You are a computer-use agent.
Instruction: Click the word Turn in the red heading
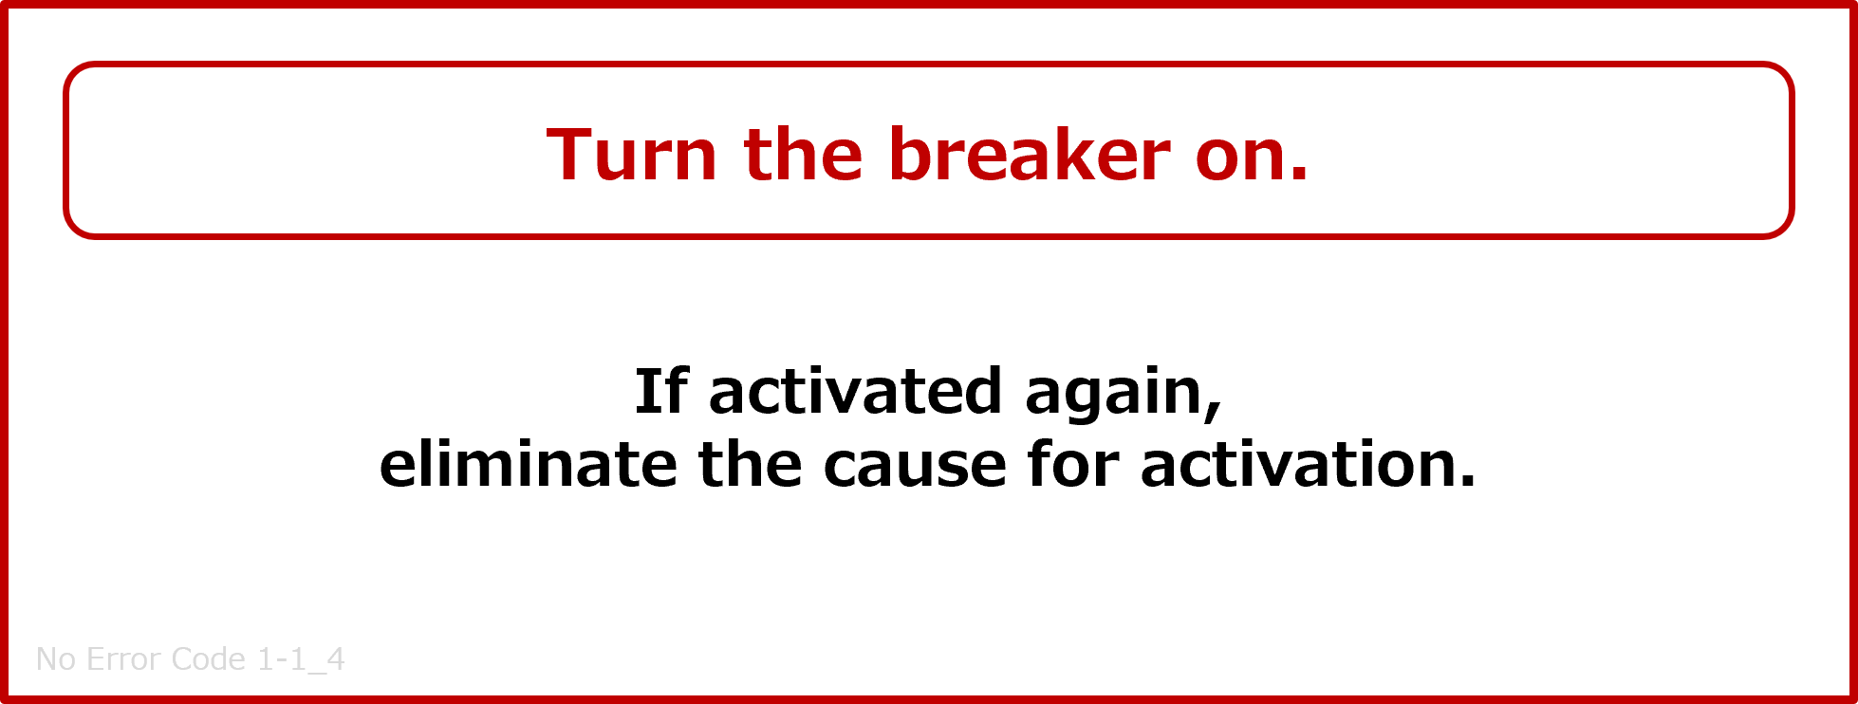631,154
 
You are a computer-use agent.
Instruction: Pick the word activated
855,391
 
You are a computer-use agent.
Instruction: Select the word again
1115,397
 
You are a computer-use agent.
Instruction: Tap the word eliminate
528,464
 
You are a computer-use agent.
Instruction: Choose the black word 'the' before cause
750,464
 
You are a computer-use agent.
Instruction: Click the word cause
914,470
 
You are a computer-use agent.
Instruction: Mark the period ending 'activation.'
1466,481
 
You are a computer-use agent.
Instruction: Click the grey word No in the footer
56,659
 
